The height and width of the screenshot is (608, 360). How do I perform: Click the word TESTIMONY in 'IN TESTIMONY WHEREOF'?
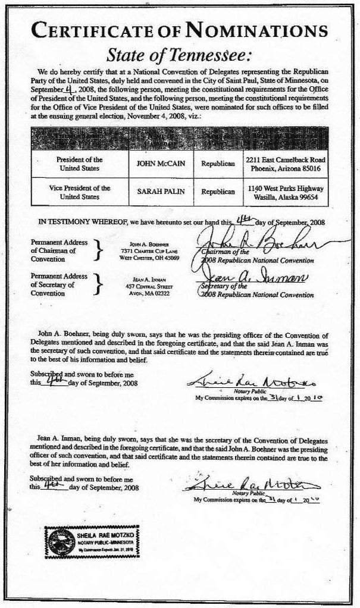click(74, 221)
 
